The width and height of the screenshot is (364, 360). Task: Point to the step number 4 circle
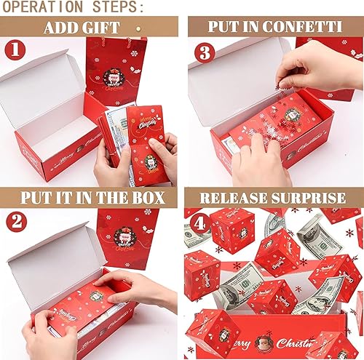(x=200, y=222)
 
